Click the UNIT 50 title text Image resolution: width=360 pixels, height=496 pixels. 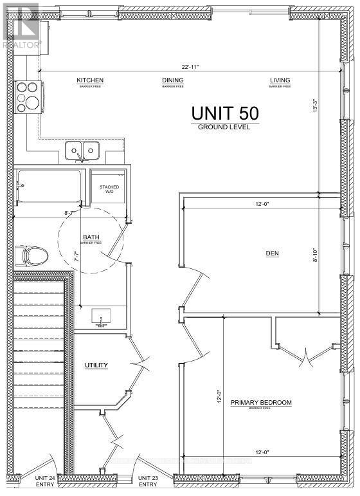click(x=224, y=113)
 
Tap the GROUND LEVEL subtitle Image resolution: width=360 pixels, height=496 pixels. click(x=224, y=127)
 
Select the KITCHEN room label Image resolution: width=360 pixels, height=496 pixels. click(x=90, y=80)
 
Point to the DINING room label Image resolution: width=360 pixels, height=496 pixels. click(x=172, y=80)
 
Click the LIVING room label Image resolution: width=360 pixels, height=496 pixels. click(x=280, y=80)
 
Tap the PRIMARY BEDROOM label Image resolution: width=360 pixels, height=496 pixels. click(x=261, y=403)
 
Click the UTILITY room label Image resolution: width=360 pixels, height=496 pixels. click(x=96, y=365)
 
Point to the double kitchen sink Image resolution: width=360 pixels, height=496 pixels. click(x=82, y=152)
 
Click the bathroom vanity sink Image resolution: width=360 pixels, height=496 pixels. click(x=102, y=317)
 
